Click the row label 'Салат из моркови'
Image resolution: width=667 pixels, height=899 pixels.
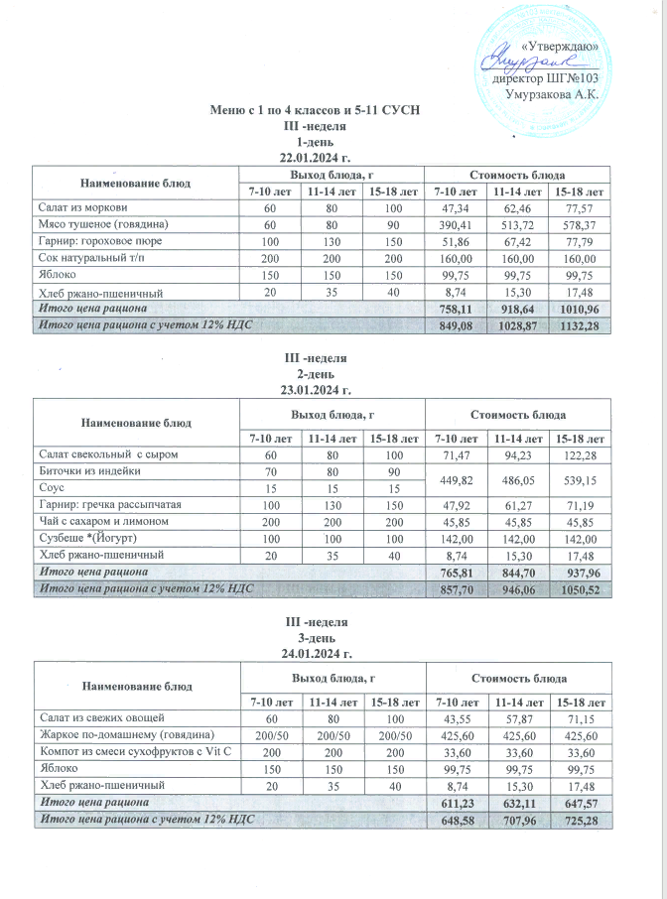pyautogui.click(x=81, y=207)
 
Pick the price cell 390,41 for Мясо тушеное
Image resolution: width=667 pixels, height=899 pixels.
pyautogui.click(x=452, y=224)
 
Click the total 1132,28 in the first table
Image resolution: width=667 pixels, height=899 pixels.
pyautogui.click(x=580, y=326)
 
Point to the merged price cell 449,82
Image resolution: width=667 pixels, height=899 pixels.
pyautogui.click(x=452, y=479)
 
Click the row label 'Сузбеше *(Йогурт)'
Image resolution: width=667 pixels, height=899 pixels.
pyautogui.click(x=87, y=538)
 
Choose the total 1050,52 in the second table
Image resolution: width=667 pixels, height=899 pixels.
pyautogui.click(x=580, y=589)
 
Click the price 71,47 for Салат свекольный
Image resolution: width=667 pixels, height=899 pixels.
pyautogui.click(x=452, y=453)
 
